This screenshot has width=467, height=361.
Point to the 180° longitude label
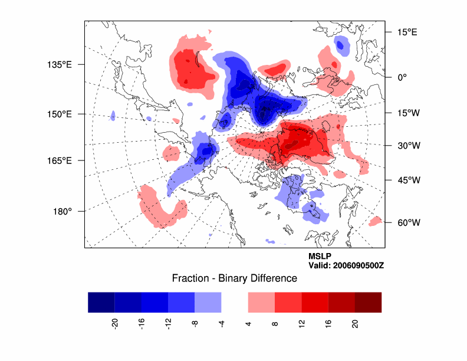(x=63, y=211)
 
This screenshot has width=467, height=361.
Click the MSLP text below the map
(x=320, y=257)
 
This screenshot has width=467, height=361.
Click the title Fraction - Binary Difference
(x=234, y=278)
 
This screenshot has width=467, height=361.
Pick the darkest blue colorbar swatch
(x=101, y=301)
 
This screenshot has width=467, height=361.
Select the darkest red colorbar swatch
(x=368, y=301)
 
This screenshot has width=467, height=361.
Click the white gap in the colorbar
(x=234, y=301)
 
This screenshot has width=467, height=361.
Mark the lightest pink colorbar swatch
(x=261, y=301)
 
